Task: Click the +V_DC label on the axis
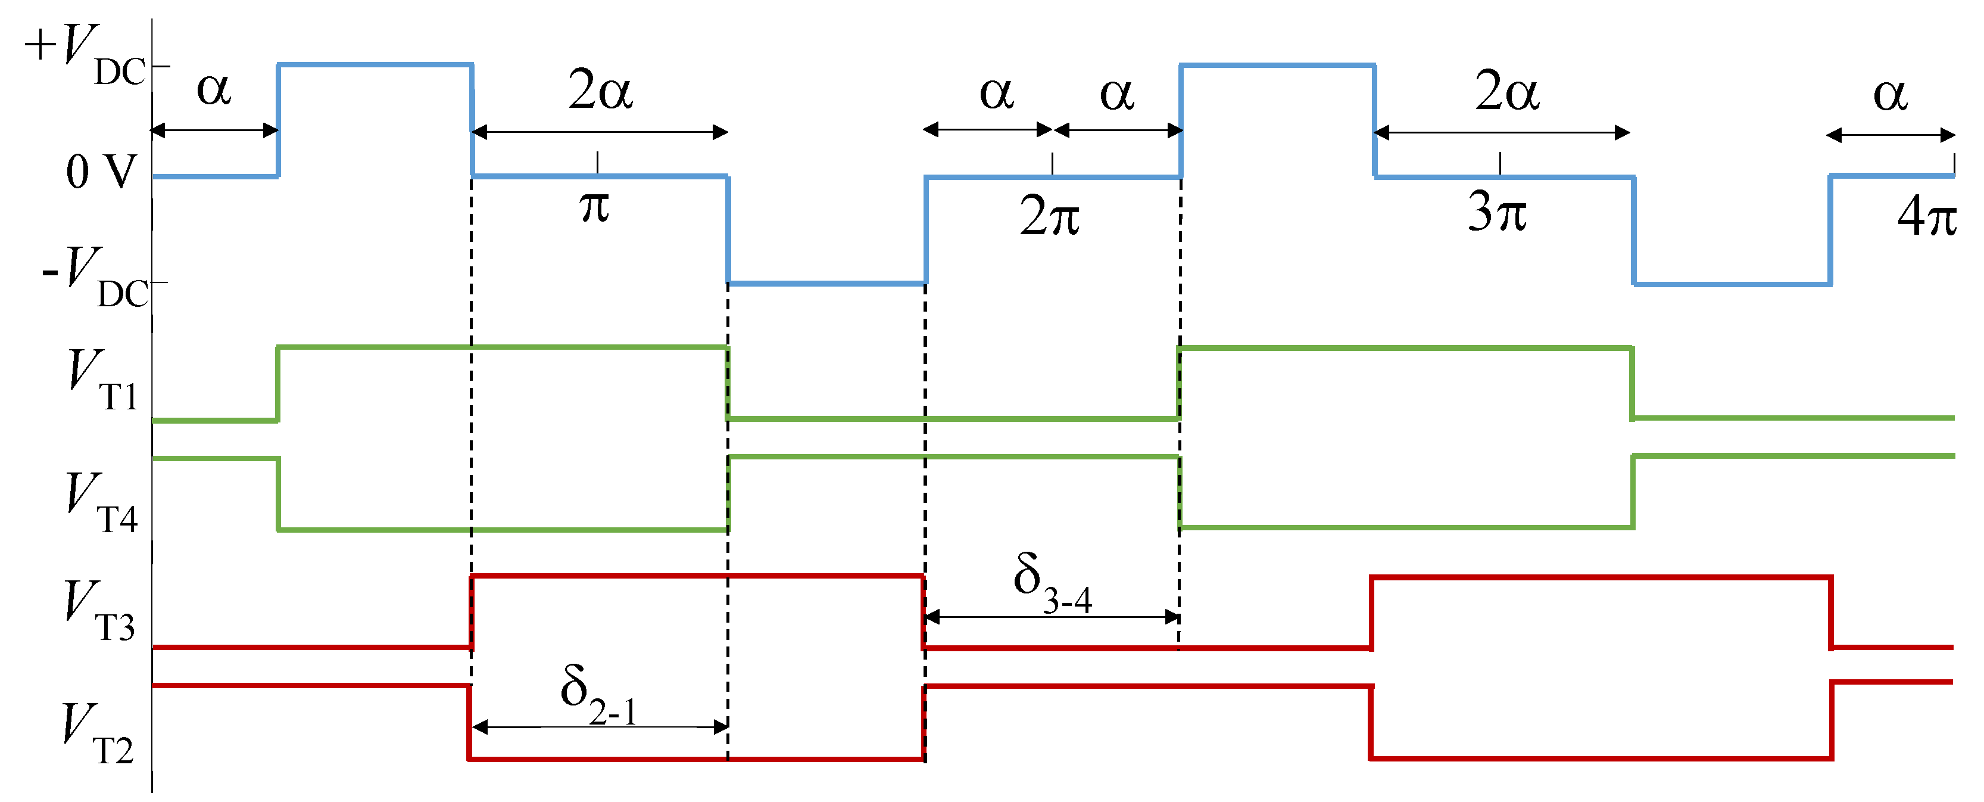coord(85,54)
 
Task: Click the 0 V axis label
coord(100,171)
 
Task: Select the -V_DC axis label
coord(94,277)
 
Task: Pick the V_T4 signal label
coord(101,503)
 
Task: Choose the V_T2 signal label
coord(97,734)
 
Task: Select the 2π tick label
coord(1049,216)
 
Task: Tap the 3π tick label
coord(1496,212)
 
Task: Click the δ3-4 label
coord(1052,582)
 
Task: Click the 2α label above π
coord(600,90)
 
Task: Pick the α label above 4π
coord(1889,95)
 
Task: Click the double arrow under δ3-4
coord(1052,616)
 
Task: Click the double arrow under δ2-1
coord(599,726)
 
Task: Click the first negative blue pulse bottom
coord(826,284)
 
